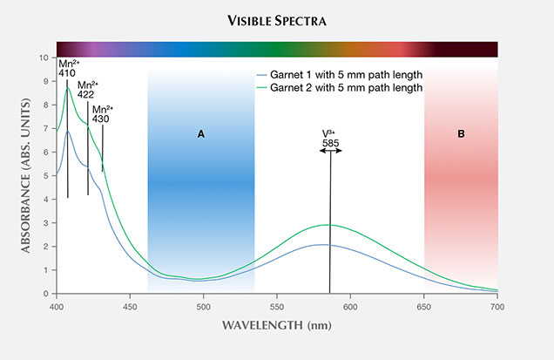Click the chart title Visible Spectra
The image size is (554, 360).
coord(276,19)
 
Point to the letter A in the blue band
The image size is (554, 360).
coord(201,134)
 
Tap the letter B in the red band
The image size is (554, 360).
coord(461,134)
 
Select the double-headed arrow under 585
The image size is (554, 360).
coord(330,151)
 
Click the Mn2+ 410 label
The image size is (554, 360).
coord(68,69)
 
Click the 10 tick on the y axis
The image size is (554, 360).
coord(44,58)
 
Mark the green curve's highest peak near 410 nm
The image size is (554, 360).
coord(68,88)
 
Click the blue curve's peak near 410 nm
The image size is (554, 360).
coord(68,131)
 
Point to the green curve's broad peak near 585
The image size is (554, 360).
coord(328,225)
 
